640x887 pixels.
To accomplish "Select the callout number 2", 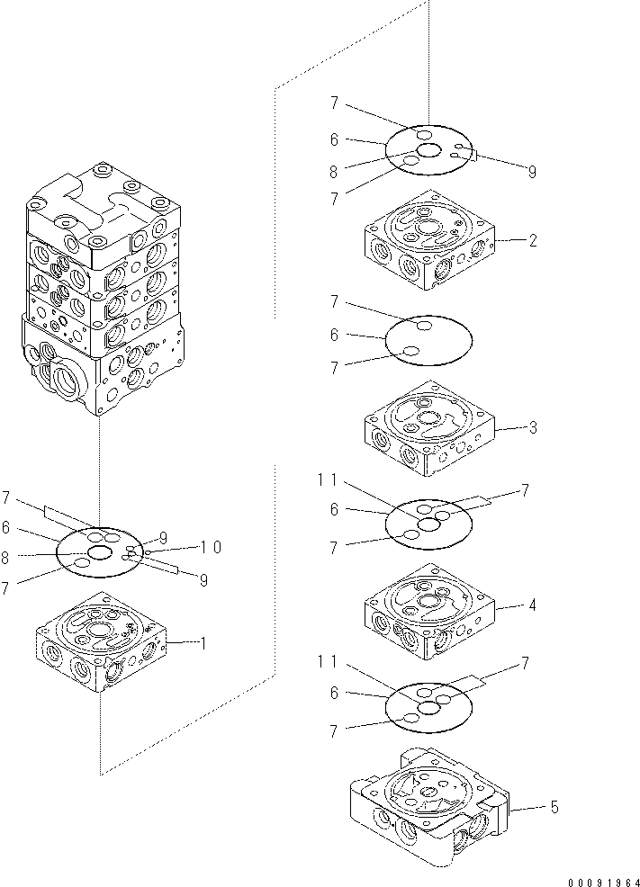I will pyautogui.click(x=533, y=240).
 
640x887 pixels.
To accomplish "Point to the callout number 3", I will pyautogui.click(x=533, y=428).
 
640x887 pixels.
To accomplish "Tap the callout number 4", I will pyautogui.click(x=533, y=605).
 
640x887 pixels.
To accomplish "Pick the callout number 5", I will pyautogui.click(x=554, y=808).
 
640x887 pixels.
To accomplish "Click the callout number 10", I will pyautogui.click(x=211, y=547).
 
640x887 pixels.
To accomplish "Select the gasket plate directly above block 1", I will pyautogui.click(x=100, y=551).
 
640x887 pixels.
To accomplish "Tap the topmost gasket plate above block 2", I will pyautogui.click(x=429, y=150).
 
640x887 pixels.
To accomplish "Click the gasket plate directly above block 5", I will pyautogui.click(x=428, y=705).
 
